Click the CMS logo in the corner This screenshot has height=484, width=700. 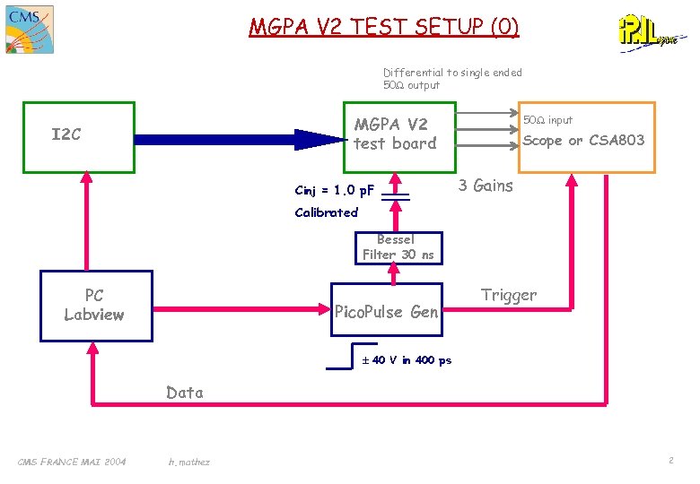28,29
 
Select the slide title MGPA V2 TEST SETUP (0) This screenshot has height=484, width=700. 383,27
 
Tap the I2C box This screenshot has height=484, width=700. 78,135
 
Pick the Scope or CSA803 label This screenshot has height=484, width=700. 583,140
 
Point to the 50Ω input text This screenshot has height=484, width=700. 547,120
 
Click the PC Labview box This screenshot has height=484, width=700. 95,306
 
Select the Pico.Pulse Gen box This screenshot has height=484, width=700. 387,311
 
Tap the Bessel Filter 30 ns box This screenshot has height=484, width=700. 398,247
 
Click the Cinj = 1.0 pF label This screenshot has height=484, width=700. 334,190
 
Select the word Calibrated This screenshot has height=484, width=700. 326,212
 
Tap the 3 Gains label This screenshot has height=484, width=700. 486,186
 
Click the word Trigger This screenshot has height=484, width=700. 508,295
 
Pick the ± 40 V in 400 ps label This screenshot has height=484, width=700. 406,360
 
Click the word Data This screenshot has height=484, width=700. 185,393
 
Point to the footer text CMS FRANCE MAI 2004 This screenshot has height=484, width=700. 72,462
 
